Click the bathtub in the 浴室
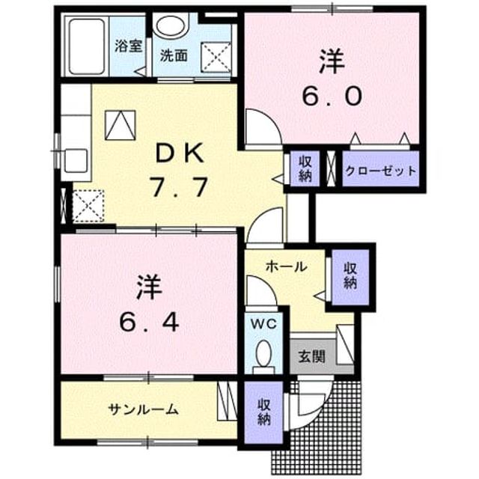click(x=87, y=46)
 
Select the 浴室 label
click(x=129, y=46)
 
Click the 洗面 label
click(x=174, y=55)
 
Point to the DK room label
click(x=180, y=153)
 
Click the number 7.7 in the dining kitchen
click(x=180, y=187)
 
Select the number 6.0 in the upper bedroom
click(x=332, y=96)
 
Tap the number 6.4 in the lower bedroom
click(x=149, y=323)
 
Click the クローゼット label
click(x=381, y=171)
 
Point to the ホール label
click(x=286, y=266)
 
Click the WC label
click(x=264, y=324)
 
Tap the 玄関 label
click(x=311, y=356)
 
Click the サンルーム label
click(x=143, y=409)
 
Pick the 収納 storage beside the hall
click(x=350, y=276)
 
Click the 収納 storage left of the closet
click(x=305, y=168)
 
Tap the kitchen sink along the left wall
click(x=76, y=161)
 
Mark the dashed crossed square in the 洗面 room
click(x=216, y=58)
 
